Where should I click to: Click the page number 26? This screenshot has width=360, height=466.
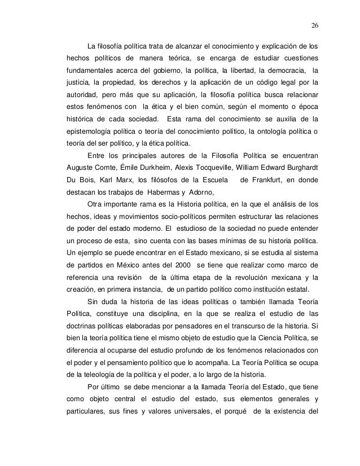coord(314,25)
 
